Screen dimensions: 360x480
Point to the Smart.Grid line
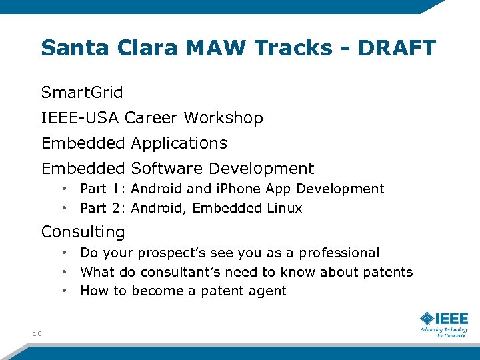tap(82, 92)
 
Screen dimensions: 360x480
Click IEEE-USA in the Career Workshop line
tap(80, 118)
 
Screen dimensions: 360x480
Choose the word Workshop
tap(223, 118)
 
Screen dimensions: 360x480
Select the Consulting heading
tap(83, 232)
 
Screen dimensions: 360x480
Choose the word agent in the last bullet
tap(268, 291)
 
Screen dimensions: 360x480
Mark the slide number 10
tap(36, 333)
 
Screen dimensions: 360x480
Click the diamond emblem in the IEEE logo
tap(427, 318)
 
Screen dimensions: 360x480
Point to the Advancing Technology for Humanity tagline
tap(443, 332)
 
